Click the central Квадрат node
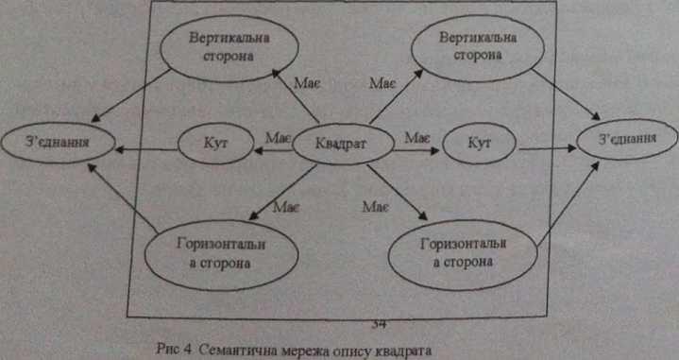pos(344,145)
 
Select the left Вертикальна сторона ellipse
pos(229,48)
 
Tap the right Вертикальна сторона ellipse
pos(478,47)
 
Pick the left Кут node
pos(215,144)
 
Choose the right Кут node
pos(479,143)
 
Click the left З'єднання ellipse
pos(58,142)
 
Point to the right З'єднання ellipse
pos(627,139)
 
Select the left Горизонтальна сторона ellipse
pos(221,255)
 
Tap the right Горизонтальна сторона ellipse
pos(463,255)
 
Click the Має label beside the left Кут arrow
pos(277,138)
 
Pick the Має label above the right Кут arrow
pos(417,138)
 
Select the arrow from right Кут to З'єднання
pos(548,148)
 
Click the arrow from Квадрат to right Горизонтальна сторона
pos(397,193)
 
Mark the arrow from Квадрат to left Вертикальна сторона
pos(296,95)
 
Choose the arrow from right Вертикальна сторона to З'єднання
pos(566,94)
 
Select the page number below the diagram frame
pos(379,324)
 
